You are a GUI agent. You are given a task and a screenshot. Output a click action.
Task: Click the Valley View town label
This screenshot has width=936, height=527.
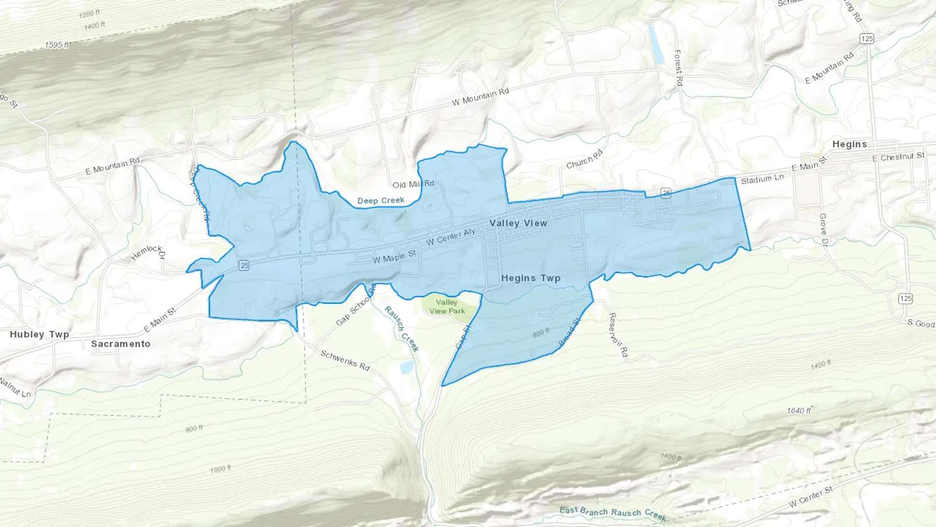click(518, 223)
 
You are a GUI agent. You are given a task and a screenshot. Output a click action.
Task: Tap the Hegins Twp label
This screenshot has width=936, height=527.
click(530, 278)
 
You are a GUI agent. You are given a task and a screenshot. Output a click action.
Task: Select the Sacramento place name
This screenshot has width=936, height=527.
click(121, 344)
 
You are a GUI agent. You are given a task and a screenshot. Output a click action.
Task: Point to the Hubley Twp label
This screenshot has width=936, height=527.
click(40, 335)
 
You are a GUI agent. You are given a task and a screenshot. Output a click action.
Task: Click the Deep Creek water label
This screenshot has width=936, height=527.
click(381, 201)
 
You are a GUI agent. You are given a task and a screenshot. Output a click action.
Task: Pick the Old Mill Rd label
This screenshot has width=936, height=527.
click(413, 184)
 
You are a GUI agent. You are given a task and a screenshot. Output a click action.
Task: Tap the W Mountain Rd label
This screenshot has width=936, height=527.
click(480, 97)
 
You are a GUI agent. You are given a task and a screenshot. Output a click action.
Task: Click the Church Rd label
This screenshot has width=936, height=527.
click(584, 159)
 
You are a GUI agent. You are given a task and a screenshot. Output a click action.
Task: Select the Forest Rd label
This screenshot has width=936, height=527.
click(678, 68)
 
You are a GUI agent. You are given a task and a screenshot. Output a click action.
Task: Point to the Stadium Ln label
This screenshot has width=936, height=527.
click(762, 178)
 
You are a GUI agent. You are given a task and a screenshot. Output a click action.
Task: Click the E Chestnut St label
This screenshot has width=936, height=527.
click(899, 157)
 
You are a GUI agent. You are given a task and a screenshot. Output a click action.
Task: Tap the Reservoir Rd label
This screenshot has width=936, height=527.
click(618, 335)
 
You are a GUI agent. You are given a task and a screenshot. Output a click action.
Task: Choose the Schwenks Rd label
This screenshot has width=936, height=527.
click(345, 360)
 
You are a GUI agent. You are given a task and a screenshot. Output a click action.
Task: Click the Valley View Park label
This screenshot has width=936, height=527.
click(447, 306)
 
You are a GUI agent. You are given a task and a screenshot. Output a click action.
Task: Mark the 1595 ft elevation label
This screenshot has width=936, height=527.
click(57, 45)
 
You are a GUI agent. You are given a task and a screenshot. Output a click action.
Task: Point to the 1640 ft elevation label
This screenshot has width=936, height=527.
click(799, 410)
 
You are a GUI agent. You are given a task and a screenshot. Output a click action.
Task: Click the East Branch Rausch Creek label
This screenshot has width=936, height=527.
click(613, 512)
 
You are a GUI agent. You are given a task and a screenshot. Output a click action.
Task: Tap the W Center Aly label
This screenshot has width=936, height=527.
click(450, 237)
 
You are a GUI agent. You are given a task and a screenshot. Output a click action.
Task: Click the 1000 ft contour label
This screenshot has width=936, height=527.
click(220, 469)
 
